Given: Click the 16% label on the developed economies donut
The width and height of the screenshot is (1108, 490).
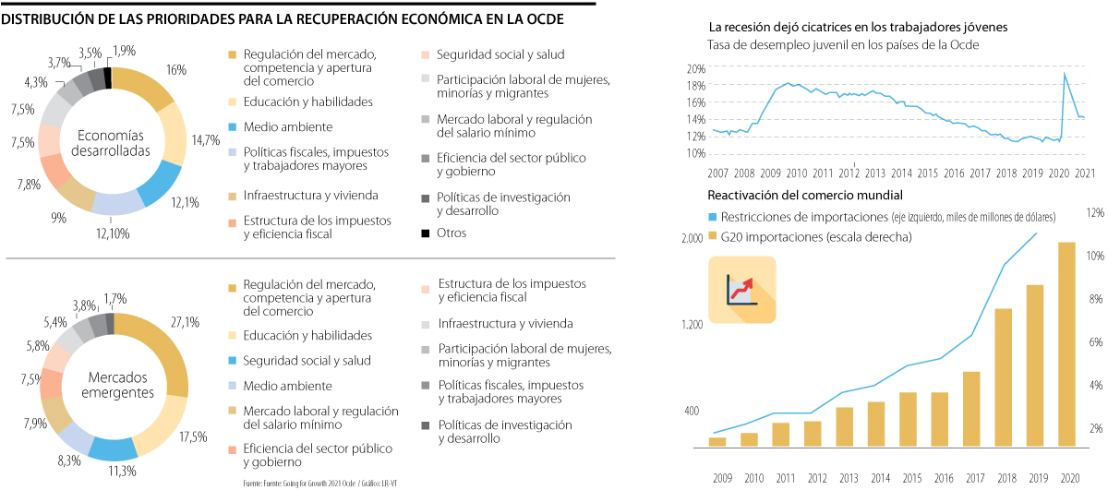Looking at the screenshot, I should (x=177, y=69).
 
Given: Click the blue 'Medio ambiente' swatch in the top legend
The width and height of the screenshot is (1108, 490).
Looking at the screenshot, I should (x=233, y=126).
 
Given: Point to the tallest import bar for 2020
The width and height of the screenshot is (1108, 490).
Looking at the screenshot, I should (x=1066, y=345).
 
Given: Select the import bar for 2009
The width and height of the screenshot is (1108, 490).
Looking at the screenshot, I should (x=717, y=441).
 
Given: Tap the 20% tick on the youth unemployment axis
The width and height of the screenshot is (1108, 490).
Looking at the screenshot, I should (x=695, y=69).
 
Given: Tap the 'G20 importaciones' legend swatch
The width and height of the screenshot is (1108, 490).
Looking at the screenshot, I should (x=712, y=237).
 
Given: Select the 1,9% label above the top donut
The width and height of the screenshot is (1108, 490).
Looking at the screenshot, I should (x=123, y=50).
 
